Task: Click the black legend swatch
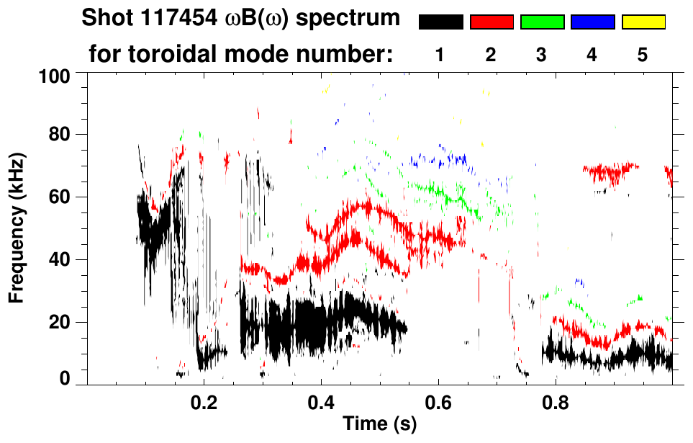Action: tap(440, 22)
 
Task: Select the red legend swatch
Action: tap(492, 22)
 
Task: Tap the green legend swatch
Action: tap(542, 22)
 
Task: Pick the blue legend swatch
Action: tap(592, 22)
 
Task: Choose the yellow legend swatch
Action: tap(643, 22)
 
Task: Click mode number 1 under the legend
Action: tap(440, 56)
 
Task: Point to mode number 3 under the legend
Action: tap(542, 56)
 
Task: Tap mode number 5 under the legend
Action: tap(643, 56)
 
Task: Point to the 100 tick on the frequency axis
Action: tap(55, 76)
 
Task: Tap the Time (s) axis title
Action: tap(379, 424)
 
